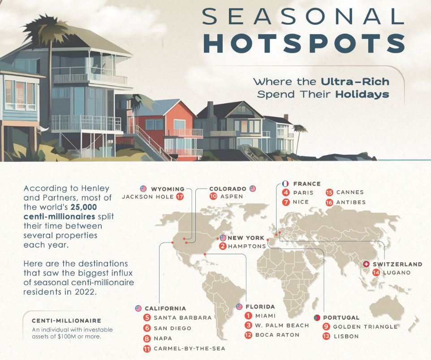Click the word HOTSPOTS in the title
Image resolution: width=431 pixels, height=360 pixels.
304,43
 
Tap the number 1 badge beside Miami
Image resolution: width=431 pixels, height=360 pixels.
249,316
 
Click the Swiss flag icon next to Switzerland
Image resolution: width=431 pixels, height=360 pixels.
366,264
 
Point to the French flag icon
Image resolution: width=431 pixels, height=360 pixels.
285,184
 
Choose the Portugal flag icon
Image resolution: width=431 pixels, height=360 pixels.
317,318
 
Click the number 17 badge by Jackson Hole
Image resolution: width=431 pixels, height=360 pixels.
180,197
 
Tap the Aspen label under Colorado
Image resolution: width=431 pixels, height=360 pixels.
232,196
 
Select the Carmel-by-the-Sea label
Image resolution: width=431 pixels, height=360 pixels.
190,348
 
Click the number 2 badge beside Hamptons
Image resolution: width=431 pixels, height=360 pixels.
223,246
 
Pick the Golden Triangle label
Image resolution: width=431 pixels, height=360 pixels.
365,327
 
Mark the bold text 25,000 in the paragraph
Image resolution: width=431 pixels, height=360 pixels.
84,207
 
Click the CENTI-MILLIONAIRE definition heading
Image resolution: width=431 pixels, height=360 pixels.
66,321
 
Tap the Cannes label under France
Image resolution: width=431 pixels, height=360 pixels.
350,192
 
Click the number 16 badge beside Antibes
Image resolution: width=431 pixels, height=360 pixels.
329,203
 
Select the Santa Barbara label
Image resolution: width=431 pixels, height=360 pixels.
183,318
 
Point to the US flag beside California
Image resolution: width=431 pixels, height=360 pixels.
138,308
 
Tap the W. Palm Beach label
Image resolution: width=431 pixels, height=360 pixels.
282,325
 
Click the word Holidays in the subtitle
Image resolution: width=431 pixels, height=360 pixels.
362,94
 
